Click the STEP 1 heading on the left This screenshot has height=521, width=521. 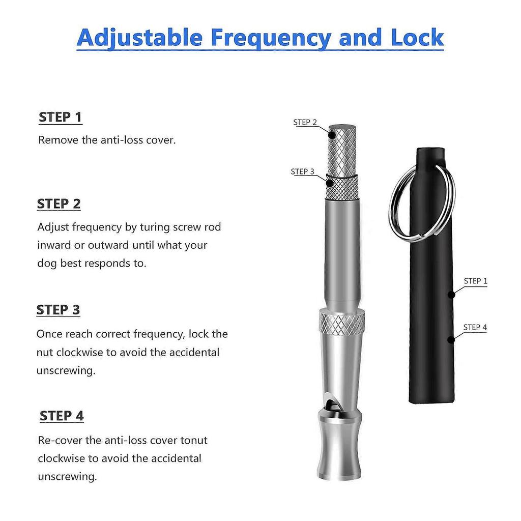[x=60, y=117]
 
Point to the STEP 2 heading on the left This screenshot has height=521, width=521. [x=59, y=204]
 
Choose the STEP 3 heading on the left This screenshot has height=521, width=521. [x=58, y=310]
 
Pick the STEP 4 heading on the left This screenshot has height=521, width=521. [x=62, y=416]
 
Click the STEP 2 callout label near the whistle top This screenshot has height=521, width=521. [x=305, y=122]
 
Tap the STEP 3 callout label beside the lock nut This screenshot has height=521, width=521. [x=303, y=171]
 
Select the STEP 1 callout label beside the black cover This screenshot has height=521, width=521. [x=475, y=281]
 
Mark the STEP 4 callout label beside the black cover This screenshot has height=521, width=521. [x=475, y=327]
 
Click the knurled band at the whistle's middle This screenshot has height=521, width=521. [x=341, y=323]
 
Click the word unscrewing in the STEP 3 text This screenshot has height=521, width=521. [x=66, y=370]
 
